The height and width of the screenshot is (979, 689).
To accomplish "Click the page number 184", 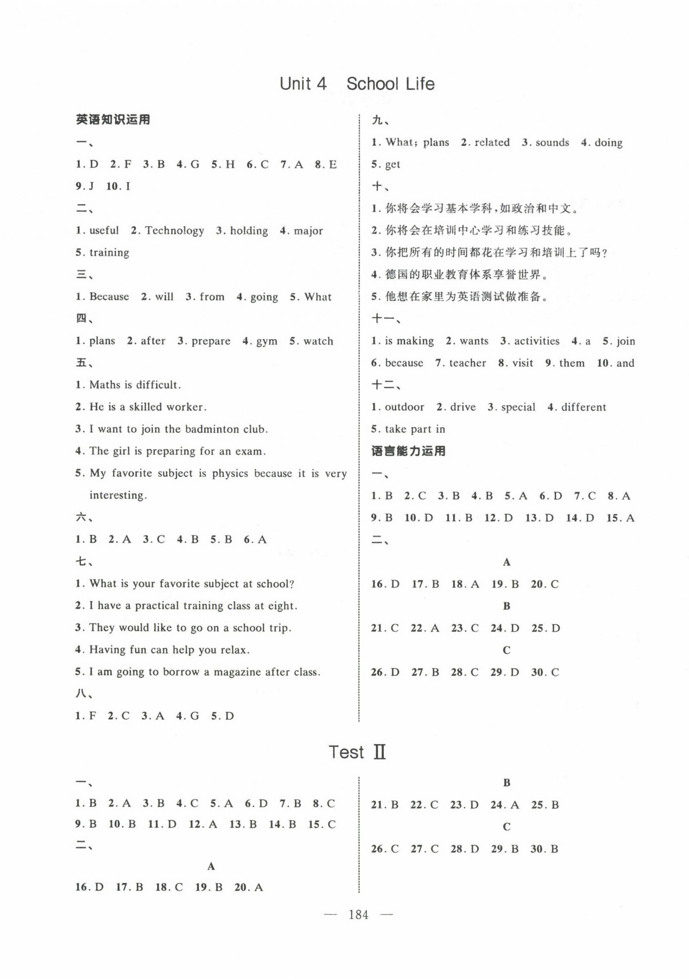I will pyautogui.click(x=358, y=914).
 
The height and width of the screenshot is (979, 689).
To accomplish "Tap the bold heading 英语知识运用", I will pyautogui.click(x=113, y=120).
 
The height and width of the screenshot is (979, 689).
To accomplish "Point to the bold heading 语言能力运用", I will pyautogui.click(x=408, y=451).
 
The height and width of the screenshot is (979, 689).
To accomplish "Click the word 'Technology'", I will pyautogui.click(x=174, y=231).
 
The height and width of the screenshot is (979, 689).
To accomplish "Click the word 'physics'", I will pyautogui.click(x=230, y=474).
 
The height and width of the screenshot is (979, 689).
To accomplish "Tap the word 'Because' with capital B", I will pyautogui.click(x=109, y=297).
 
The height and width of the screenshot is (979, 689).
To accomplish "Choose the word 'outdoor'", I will pyautogui.click(x=404, y=407).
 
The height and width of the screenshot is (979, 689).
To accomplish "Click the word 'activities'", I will pyautogui.click(x=536, y=341).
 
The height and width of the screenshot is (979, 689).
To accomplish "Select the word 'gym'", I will pyautogui.click(x=266, y=341).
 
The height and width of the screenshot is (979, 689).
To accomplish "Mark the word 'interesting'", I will pyautogui.click(x=118, y=496).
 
